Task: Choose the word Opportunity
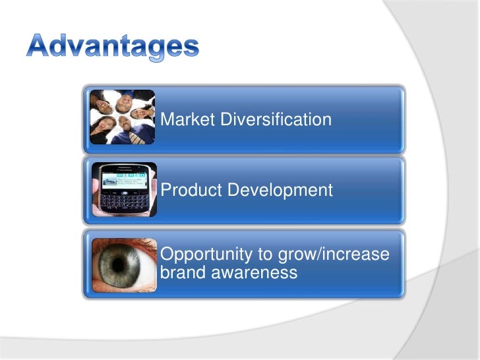point(202,255)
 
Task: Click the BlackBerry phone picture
point(124,189)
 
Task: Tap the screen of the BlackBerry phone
point(123,179)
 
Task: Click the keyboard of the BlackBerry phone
point(125,200)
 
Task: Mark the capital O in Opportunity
point(168,255)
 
